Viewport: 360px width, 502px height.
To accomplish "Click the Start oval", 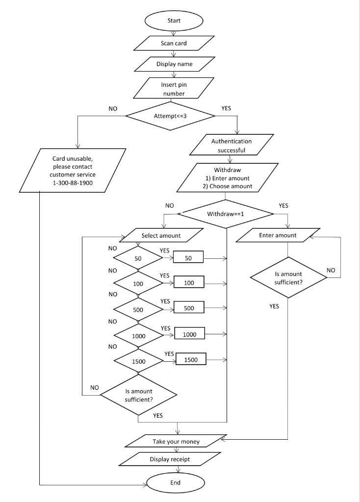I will (x=174, y=21).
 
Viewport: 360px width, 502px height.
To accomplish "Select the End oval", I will (x=175, y=482).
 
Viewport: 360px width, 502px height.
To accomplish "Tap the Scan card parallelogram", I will (x=174, y=43).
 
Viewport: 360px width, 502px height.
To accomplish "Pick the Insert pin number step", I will (x=174, y=89).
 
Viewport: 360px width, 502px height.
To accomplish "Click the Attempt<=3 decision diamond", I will (x=170, y=116).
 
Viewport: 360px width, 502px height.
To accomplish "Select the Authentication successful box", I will (x=228, y=146).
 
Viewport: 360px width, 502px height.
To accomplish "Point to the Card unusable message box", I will (x=74, y=171).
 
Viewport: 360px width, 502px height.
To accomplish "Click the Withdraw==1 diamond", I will (x=225, y=214).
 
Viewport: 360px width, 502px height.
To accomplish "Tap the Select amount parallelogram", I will (x=161, y=235).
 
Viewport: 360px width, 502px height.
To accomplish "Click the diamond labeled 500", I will (x=138, y=308).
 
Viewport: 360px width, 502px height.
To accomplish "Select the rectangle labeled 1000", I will (x=189, y=334).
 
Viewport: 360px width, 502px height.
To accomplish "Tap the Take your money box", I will (x=176, y=441).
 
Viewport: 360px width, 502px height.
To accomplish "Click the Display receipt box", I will (x=170, y=459).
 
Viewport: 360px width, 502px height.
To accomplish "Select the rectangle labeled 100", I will (x=189, y=283).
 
